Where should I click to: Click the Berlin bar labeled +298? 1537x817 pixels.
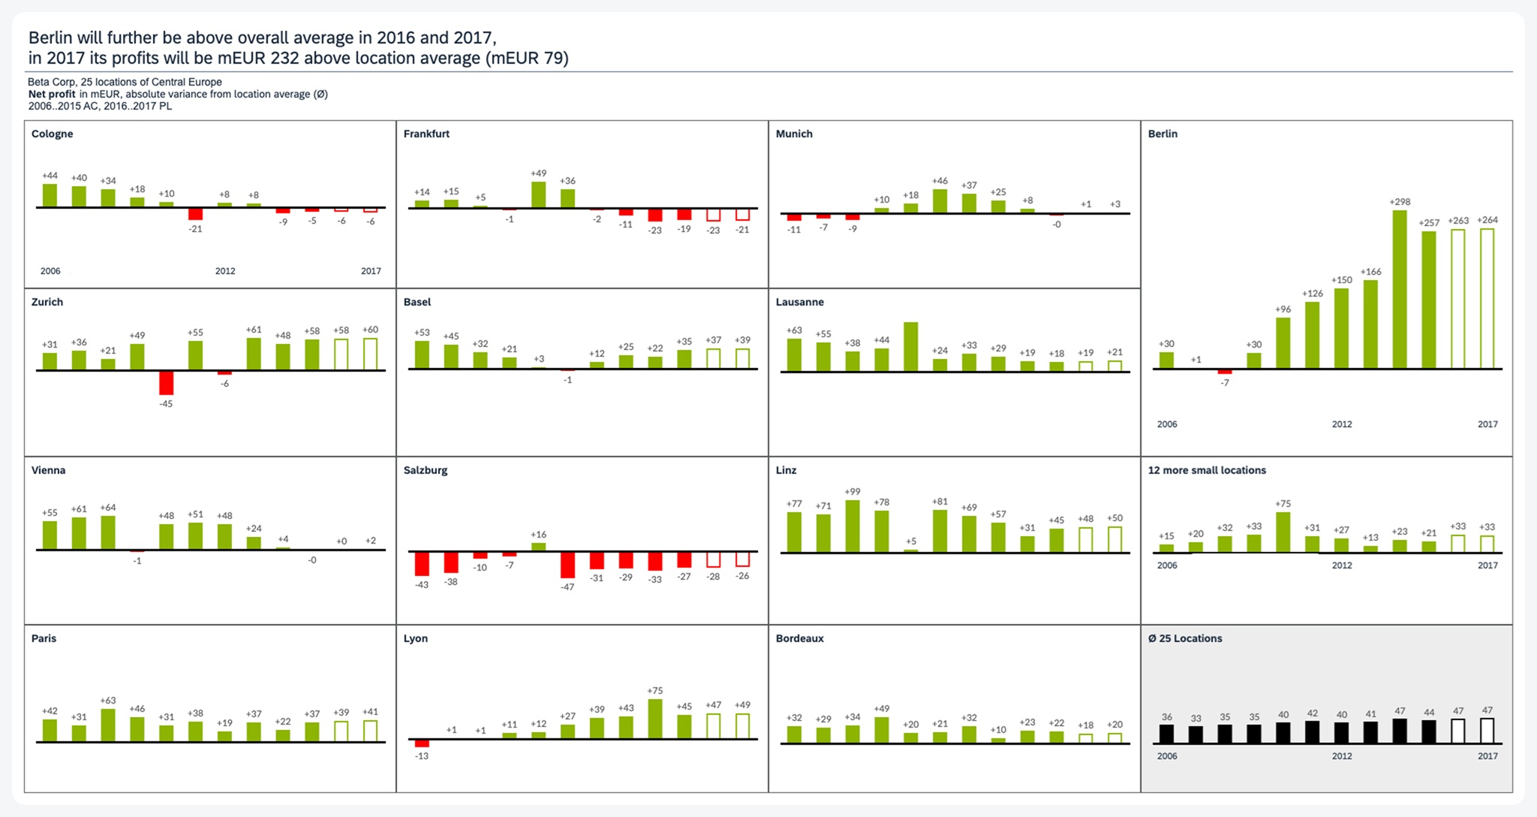coord(1400,289)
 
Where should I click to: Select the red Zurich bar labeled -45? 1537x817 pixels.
coord(166,383)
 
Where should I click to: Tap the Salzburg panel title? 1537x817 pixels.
coord(426,470)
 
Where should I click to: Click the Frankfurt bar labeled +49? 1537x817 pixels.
coord(539,194)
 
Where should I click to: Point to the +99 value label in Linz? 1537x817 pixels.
coord(853,492)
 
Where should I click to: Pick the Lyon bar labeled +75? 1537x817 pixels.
coord(655,719)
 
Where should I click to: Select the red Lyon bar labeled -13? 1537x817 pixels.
coord(423,743)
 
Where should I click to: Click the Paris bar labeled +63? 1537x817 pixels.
coord(108,725)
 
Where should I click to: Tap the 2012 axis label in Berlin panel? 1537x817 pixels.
coord(1342,424)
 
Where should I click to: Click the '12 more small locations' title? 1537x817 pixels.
coord(1207,470)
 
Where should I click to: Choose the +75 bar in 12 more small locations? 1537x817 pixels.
coord(1283,532)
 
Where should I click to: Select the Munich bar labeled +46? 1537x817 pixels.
coord(940,201)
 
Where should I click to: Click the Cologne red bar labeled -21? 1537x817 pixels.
coord(195,214)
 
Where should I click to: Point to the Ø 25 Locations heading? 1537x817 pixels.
coord(1185,638)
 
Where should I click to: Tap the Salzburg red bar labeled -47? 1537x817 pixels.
coord(568,565)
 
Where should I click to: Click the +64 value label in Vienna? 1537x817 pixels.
coord(108,508)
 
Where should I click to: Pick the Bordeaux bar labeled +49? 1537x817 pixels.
coord(882,730)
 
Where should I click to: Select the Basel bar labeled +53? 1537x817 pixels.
coord(423,354)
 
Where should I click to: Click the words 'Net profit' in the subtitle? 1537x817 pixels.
coord(52,94)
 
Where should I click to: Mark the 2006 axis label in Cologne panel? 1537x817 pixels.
coord(50,271)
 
